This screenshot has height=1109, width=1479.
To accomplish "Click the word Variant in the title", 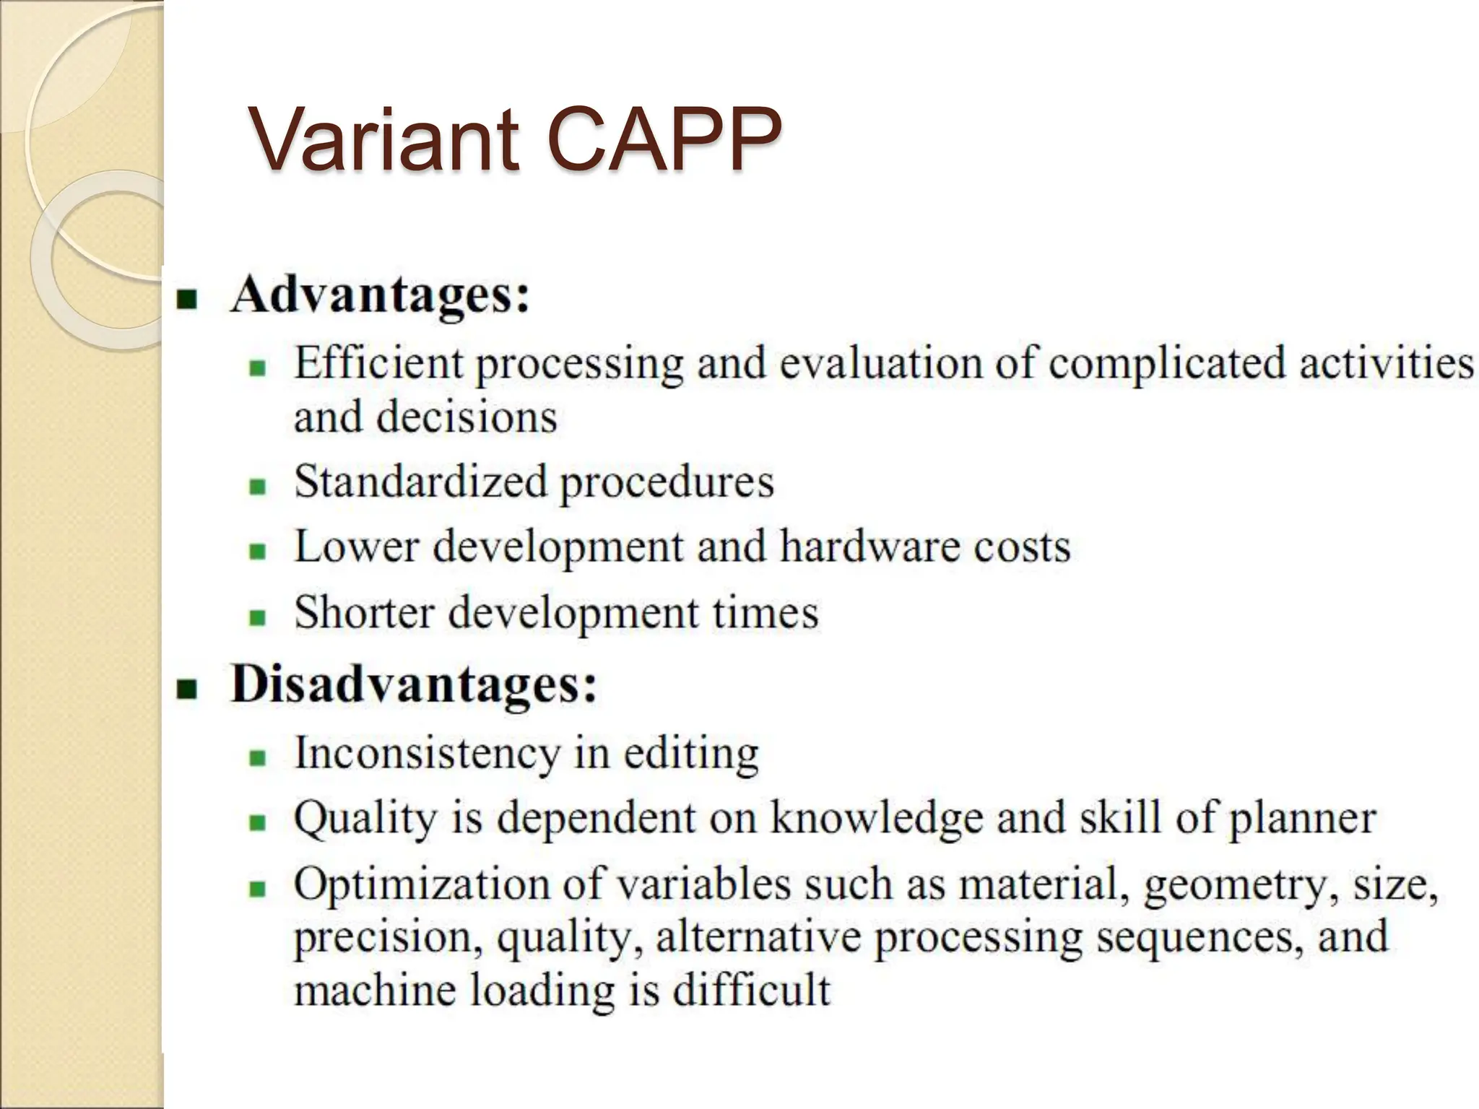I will pyautogui.click(x=383, y=139).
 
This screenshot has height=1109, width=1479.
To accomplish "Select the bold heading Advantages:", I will pyautogui.click(x=380, y=295).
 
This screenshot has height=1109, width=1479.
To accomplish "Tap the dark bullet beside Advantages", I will pyautogui.click(x=187, y=299).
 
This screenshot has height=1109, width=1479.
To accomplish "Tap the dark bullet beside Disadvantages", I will pyautogui.click(x=187, y=690).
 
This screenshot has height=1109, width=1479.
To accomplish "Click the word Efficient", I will pyautogui.click(x=377, y=362).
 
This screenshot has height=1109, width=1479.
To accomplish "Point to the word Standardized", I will pyautogui.click(x=420, y=482).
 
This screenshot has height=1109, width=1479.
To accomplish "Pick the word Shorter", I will pyautogui.click(x=364, y=612).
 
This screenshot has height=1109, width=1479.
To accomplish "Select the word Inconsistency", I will pyautogui.click(x=427, y=754).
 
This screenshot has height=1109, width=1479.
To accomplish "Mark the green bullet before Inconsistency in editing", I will pyautogui.click(x=258, y=757).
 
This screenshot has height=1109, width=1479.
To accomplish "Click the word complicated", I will pyautogui.click(x=1166, y=363).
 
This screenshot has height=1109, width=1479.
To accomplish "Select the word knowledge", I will pyautogui.click(x=877, y=819).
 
